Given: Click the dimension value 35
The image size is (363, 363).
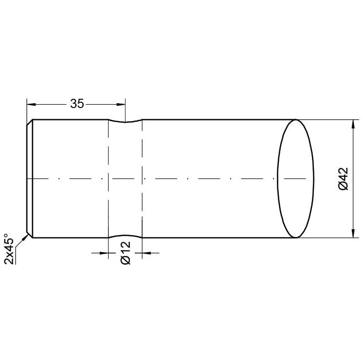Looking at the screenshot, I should [x=77, y=104].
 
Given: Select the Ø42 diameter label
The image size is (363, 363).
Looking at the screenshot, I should [x=342, y=179].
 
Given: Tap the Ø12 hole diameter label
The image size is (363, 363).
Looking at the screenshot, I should [x=125, y=253].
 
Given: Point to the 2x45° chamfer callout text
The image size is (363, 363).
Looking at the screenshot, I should [x=9, y=250].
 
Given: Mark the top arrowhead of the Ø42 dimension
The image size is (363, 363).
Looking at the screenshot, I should [x=352, y=123].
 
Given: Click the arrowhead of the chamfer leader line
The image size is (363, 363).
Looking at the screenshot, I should [x=24, y=238].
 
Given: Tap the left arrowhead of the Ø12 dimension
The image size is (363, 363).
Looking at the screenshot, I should [x=104, y=253].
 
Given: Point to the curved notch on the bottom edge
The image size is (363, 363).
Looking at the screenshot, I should [x=125, y=236].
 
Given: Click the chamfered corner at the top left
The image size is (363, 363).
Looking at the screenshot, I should [x=30, y=122].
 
